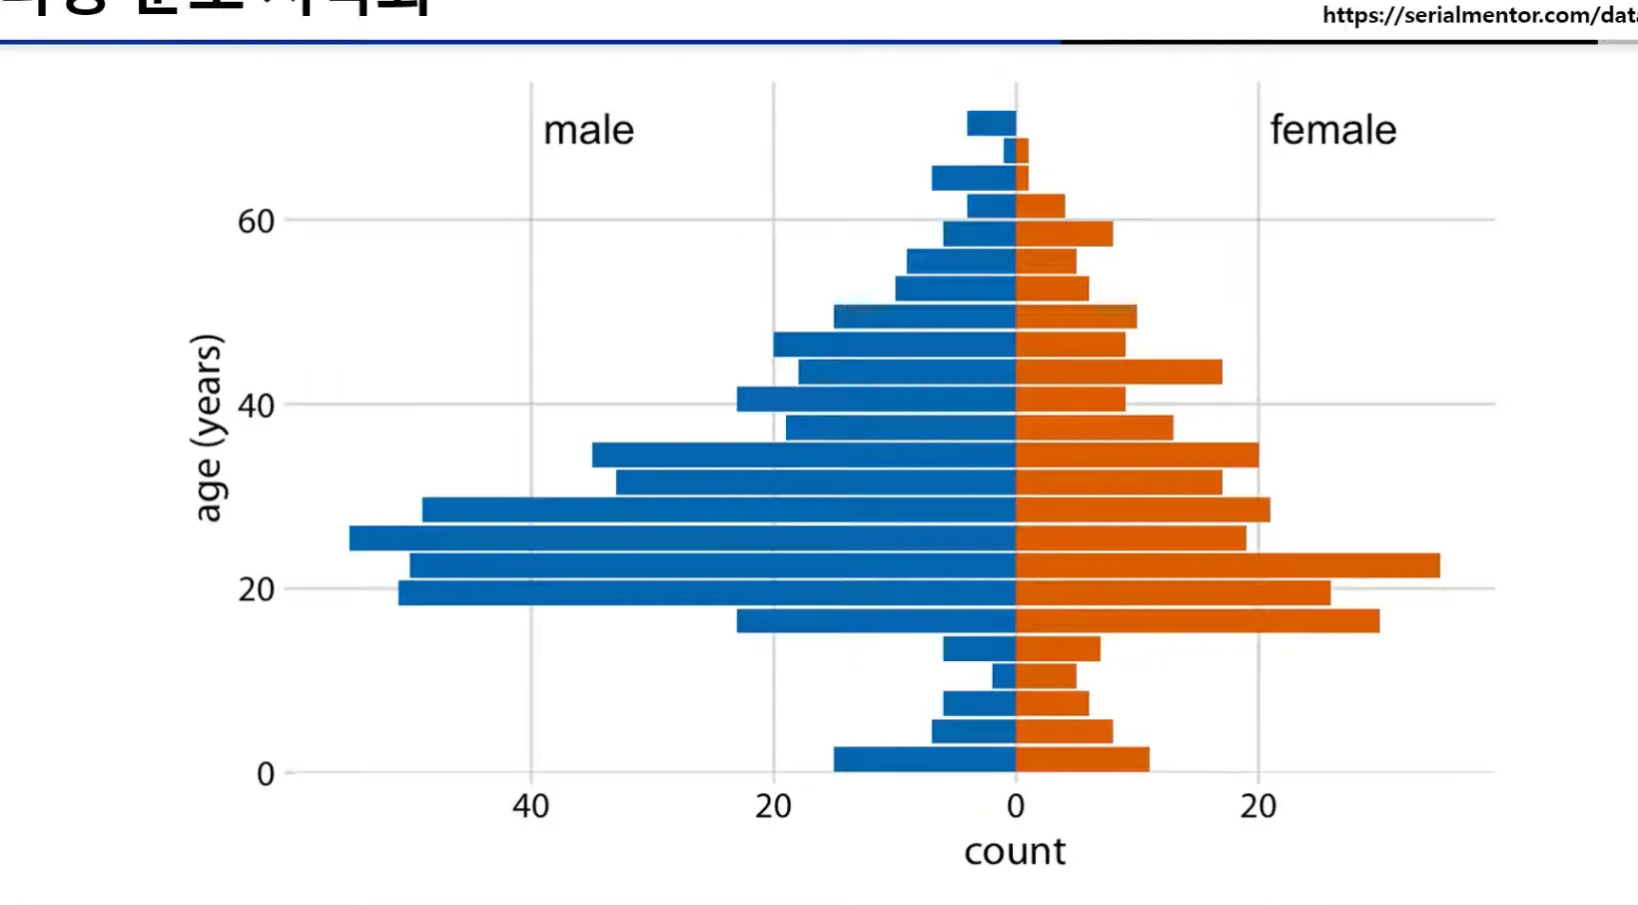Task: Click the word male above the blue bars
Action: point(588,130)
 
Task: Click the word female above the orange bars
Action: point(1332,130)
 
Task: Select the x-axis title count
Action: point(1015,851)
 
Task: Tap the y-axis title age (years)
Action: point(208,428)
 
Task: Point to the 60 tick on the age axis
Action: point(256,221)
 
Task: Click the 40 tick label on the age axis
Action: point(256,406)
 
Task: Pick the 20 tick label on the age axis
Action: point(256,589)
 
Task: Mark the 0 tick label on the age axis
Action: point(265,773)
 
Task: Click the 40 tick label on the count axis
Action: point(530,805)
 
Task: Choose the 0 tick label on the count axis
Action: point(1016,805)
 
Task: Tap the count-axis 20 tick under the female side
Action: point(1257,805)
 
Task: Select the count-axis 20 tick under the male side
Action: point(773,805)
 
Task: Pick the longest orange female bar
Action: point(1228,565)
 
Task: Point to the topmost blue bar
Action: point(991,123)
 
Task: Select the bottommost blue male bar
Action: point(925,759)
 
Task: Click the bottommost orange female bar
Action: point(1083,759)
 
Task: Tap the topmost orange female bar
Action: point(1023,151)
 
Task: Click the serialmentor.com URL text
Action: point(1478,15)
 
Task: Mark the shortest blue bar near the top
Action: point(1010,151)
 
